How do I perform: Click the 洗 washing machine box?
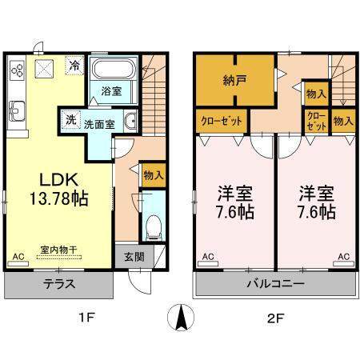point(71,121)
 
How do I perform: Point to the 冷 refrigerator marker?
point(74,66)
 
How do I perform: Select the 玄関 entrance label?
point(134,258)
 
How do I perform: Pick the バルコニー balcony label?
point(274,284)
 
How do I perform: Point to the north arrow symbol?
point(180,319)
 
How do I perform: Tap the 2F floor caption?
point(274,318)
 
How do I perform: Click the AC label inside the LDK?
point(18,257)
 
